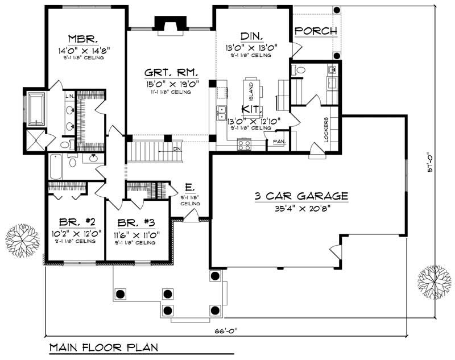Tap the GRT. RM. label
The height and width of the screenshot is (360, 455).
coord(170,73)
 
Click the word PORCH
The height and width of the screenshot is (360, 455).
coord(316,31)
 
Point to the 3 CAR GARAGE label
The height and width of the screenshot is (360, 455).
coord(301,196)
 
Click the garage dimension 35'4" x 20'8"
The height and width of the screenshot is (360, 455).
coord(301,208)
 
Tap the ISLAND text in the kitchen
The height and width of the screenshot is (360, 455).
coord(251,90)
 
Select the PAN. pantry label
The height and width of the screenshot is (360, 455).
coord(279,141)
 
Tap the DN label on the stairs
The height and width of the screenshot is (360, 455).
coord(177,150)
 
